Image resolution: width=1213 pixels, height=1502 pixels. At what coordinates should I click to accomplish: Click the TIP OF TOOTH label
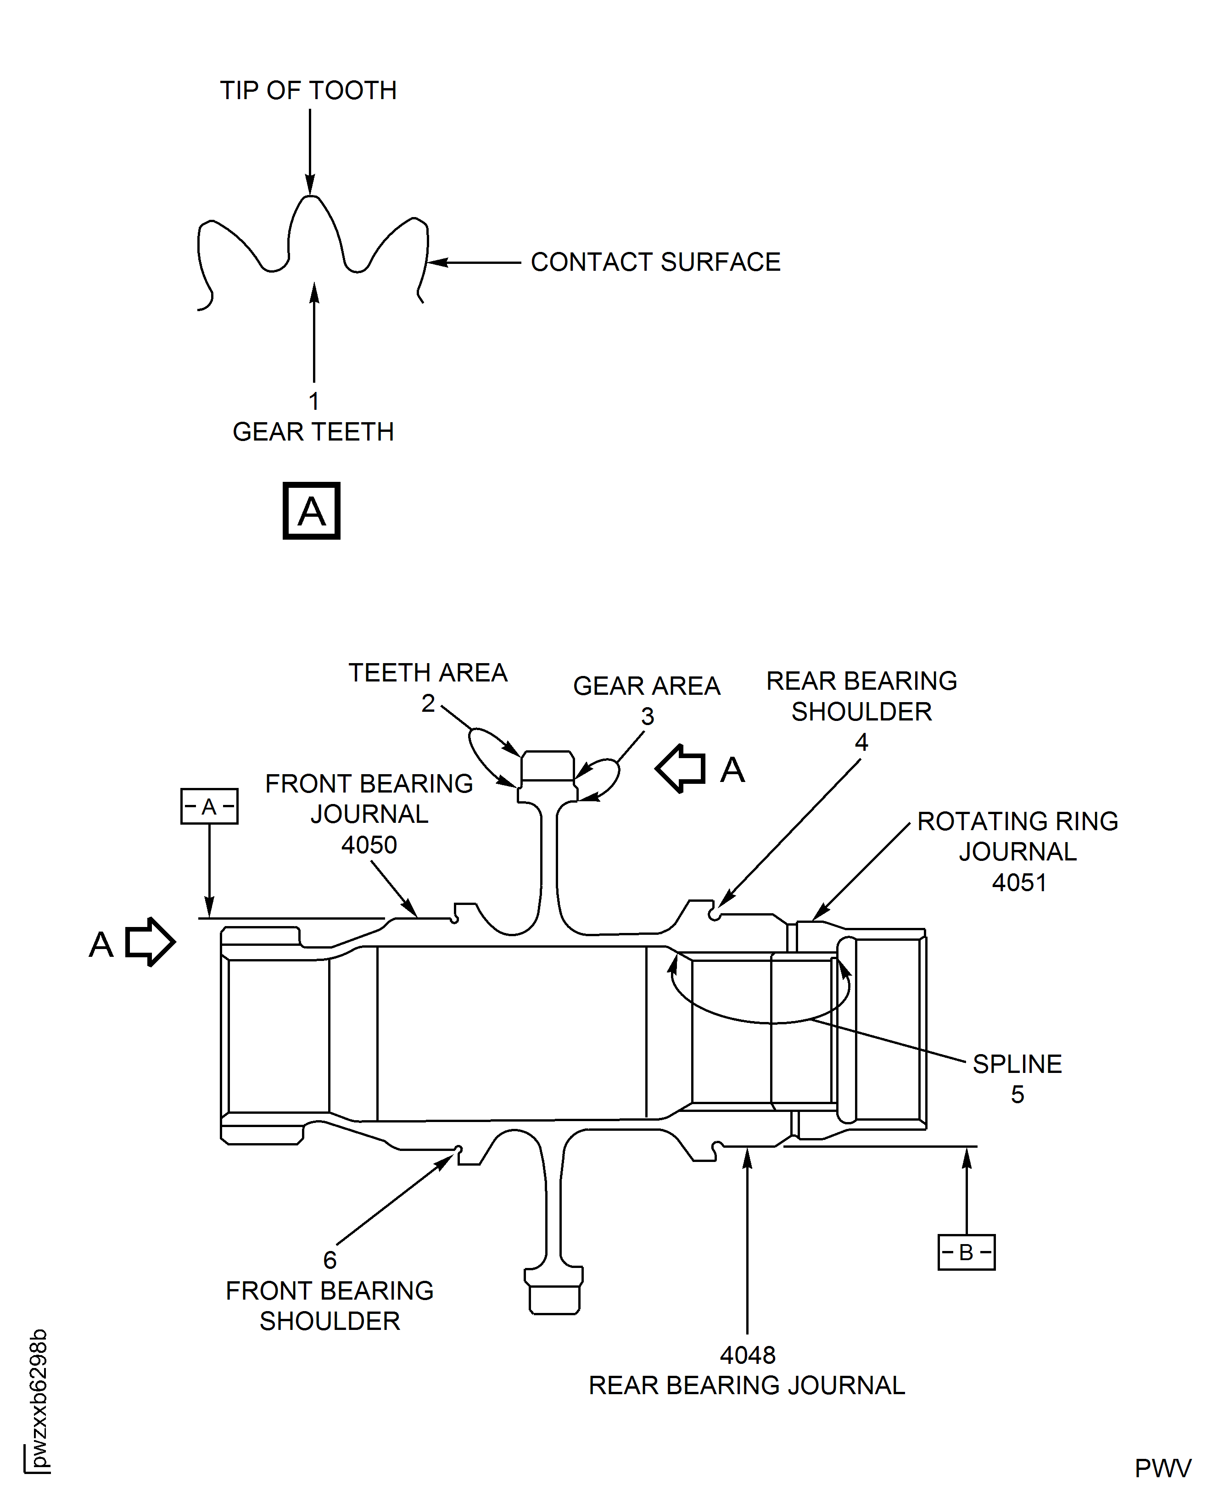(x=308, y=90)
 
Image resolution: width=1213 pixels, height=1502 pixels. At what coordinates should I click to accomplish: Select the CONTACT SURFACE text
(x=655, y=262)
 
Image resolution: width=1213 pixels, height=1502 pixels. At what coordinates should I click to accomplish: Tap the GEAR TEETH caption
(x=313, y=432)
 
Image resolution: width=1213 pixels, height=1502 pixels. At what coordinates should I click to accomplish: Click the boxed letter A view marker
(x=312, y=511)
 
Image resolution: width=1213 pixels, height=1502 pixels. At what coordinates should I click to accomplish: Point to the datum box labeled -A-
(x=210, y=807)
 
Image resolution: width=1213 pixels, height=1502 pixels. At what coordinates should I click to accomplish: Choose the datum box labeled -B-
(x=967, y=1253)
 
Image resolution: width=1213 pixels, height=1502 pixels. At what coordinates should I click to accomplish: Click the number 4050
(x=369, y=845)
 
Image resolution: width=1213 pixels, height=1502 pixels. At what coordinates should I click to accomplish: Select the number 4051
(x=1019, y=883)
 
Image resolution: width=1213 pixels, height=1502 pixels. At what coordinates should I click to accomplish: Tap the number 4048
(x=748, y=1355)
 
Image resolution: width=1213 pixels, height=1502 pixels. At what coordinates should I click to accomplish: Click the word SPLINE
(x=1017, y=1064)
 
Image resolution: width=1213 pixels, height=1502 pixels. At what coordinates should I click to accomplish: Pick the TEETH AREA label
(x=428, y=673)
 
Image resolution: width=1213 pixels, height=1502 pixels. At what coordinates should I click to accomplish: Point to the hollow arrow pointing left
(x=681, y=769)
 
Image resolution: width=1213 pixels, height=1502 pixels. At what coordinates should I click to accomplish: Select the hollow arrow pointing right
(x=150, y=942)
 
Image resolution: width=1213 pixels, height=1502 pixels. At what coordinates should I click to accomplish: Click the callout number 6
(x=330, y=1260)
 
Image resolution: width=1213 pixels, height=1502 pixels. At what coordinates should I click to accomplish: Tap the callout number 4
(x=861, y=742)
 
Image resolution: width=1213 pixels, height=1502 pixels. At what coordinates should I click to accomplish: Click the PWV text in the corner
(x=1163, y=1468)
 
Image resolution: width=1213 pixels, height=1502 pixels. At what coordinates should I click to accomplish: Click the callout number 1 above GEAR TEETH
(x=314, y=401)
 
